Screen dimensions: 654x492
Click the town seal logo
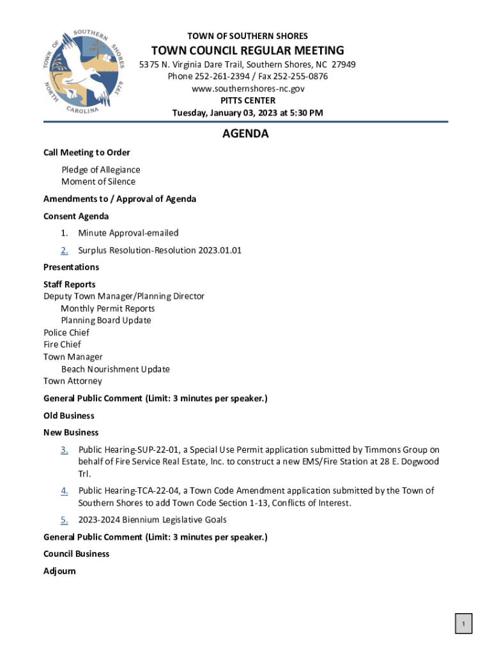click(x=86, y=72)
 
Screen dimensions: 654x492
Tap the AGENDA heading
click(x=245, y=134)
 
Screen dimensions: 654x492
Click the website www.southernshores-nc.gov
click(x=248, y=89)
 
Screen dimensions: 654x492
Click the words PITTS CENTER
click(x=248, y=101)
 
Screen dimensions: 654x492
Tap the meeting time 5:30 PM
click(x=303, y=113)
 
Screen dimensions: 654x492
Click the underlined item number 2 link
click(x=65, y=250)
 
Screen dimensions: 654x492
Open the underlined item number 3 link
click(x=65, y=450)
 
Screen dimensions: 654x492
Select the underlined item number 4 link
click(x=65, y=490)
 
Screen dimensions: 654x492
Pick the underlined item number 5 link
click(x=65, y=520)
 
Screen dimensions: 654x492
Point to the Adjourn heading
click(x=59, y=571)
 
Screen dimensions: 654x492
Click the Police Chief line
click(x=66, y=333)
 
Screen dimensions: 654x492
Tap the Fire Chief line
click(x=62, y=345)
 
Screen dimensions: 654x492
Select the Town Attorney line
click(x=72, y=381)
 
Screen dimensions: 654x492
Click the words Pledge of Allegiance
click(x=101, y=170)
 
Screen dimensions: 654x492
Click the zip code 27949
click(x=343, y=65)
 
